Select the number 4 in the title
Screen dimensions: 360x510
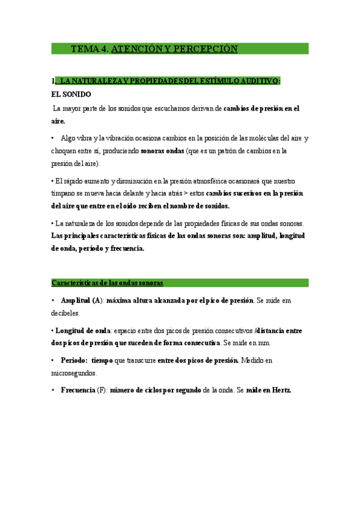pos(104,49)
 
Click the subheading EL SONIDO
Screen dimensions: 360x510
pos(72,94)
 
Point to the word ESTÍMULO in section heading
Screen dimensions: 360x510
pos(216,81)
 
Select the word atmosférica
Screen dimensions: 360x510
pos(197,181)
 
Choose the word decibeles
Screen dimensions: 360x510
pos(65,313)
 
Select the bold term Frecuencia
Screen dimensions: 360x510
pos(78,390)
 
